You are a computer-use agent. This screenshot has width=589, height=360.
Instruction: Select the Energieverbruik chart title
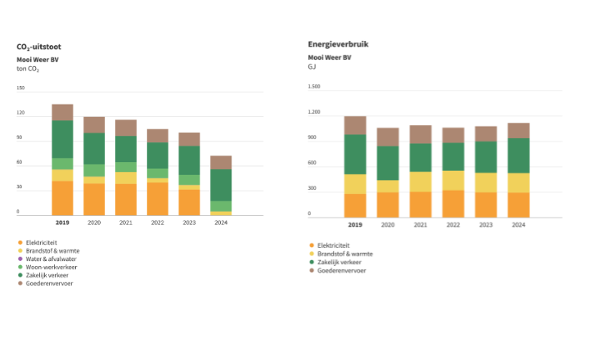tap(338, 43)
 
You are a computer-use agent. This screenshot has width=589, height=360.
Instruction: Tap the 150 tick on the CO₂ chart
tap(20, 88)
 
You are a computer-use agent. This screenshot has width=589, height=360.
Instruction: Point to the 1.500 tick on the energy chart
tap(314, 86)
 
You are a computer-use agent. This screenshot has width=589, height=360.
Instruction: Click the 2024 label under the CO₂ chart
tap(222, 223)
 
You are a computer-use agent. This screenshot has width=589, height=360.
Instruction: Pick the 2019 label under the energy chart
tap(355, 224)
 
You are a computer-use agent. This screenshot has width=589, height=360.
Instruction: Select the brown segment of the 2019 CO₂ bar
tap(62, 112)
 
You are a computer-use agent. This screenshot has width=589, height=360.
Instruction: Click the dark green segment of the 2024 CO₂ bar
tap(222, 185)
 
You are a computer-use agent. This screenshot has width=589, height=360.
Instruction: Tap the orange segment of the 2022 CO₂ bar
tap(158, 199)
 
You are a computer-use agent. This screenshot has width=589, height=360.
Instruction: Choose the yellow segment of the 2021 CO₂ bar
tap(126, 178)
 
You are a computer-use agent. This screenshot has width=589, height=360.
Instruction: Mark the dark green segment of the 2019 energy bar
tap(355, 154)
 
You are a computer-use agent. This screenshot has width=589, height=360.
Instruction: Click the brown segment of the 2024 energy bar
tap(518, 130)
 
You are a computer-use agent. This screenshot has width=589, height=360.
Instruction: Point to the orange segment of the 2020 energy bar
tap(388, 205)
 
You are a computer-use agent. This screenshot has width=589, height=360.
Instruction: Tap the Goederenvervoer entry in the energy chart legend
tap(341, 270)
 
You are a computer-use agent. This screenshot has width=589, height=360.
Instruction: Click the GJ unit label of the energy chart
tap(312, 66)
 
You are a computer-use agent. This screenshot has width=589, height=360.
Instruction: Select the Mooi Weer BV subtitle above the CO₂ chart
tap(38, 60)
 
